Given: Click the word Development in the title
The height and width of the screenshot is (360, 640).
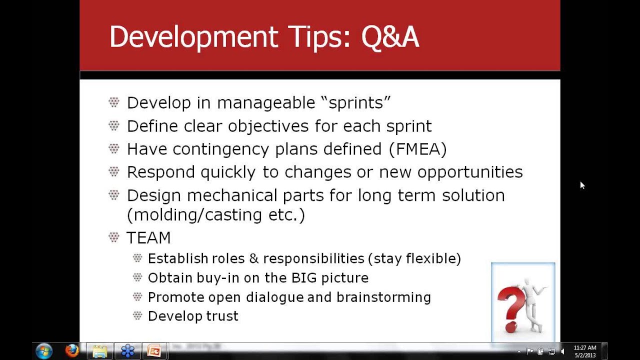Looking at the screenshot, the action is pos(193,37).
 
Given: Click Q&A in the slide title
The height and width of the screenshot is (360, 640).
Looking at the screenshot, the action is pos(390,37).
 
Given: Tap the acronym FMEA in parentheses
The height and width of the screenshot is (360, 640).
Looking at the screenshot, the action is pos(417,149).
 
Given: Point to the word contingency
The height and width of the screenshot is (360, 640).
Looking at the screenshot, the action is pos(221,149).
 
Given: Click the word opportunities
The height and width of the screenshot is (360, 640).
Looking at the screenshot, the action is pos(470,172).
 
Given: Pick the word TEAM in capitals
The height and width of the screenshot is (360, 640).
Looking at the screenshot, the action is pos(148,237).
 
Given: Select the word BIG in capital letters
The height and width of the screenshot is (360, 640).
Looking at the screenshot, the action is pos(304,277).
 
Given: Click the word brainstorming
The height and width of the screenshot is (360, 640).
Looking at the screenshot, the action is pos(383,297).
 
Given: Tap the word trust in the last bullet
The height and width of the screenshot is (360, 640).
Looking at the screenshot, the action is pos(222,316).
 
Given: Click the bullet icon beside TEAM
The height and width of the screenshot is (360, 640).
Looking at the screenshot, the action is pos(113,237).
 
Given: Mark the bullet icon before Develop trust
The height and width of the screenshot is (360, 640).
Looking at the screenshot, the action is pos(137,315).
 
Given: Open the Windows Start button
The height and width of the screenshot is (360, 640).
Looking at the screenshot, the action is pos(44,351).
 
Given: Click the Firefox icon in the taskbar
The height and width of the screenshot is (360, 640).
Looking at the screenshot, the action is pos(71,351).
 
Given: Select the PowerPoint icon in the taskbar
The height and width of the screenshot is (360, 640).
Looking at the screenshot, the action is pos(154,351).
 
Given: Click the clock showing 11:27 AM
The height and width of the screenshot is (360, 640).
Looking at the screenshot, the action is pos(585,347).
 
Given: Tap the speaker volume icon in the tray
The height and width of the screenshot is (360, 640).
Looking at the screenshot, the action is pos(562,351).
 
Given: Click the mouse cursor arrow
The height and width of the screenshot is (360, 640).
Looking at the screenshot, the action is pos(582,185).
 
